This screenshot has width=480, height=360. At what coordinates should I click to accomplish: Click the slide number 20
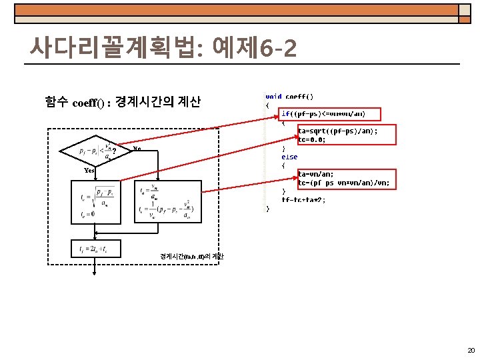pos(471,351)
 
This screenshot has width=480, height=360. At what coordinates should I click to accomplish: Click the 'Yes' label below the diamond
pos(89,171)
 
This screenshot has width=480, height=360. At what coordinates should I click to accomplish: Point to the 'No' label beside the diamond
pos(137,148)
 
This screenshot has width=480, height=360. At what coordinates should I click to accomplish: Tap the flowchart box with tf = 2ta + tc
pos(96,250)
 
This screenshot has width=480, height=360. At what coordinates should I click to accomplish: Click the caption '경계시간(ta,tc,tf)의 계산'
pos(192,257)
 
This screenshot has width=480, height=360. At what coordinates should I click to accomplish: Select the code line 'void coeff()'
pos(289,97)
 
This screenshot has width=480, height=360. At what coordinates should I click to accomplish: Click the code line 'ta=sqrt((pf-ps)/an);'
pos(337,131)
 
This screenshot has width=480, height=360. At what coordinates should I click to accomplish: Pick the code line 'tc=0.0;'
pos(312,140)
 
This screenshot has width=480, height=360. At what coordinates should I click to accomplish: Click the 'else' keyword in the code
pos(289,157)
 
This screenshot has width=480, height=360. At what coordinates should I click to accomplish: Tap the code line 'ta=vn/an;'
pos(317,175)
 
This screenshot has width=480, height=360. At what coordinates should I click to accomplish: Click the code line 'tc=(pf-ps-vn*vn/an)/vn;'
pos(344,183)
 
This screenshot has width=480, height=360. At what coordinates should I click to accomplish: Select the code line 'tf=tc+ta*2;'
pos(303,200)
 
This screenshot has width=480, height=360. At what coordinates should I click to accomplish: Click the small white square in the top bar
pos(463,10)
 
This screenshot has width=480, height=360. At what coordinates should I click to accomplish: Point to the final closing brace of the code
pos(268,209)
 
